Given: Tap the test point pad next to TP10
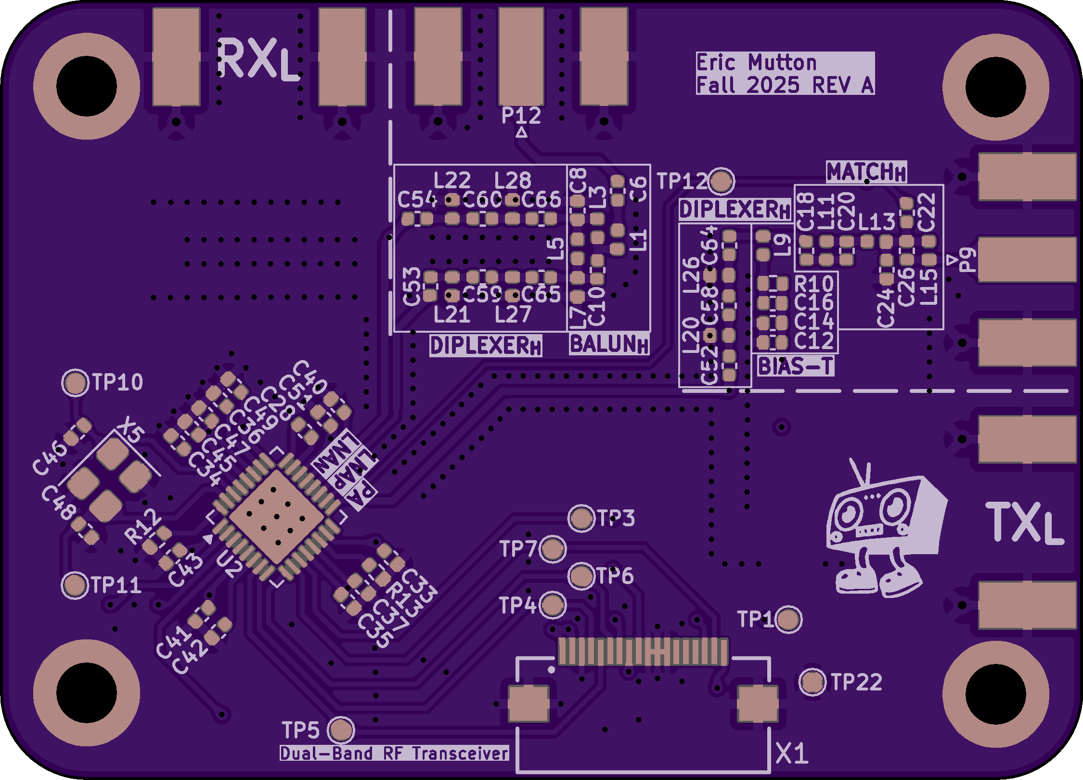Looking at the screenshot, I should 75,383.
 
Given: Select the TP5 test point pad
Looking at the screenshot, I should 341,729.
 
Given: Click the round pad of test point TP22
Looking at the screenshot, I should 812,681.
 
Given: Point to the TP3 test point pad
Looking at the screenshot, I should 581,518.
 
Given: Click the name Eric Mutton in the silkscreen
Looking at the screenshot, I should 756,63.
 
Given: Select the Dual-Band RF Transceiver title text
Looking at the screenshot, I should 394,753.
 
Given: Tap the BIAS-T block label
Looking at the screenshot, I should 795,366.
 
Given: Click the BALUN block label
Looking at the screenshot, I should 608,344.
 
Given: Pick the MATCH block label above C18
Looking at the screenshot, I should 866,172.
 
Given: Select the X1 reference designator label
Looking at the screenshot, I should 792,754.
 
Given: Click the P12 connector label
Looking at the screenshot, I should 521,116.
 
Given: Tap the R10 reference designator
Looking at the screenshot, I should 814,284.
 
